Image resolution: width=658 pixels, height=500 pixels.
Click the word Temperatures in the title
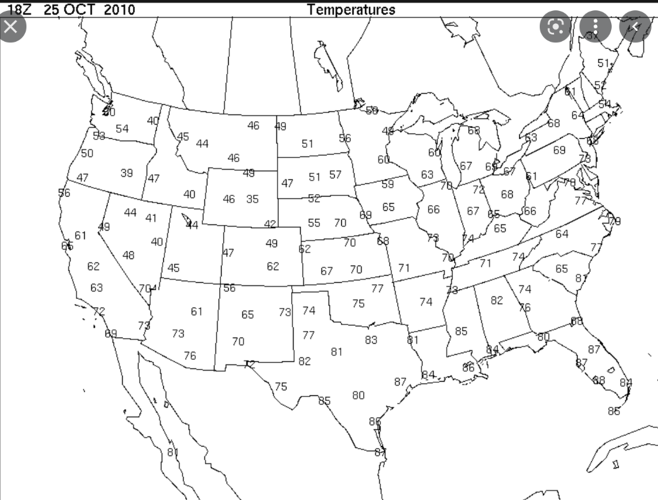(x=351, y=10)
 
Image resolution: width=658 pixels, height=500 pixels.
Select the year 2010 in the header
(x=119, y=10)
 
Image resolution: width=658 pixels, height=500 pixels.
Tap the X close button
(x=11, y=27)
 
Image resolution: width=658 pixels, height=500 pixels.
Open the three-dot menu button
(x=596, y=27)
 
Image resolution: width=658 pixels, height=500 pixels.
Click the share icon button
(x=635, y=27)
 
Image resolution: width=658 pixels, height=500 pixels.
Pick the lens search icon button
(x=556, y=27)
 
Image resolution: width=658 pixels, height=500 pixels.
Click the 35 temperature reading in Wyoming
(x=253, y=199)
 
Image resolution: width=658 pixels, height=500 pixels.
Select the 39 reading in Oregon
(x=127, y=173)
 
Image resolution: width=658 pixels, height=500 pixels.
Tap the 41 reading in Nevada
(x=151, y=218)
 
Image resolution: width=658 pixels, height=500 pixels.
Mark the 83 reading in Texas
(x=371, y=340)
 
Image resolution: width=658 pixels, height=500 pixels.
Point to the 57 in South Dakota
(x=335, y=175)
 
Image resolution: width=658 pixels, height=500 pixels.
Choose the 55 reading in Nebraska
(x=314, y=223)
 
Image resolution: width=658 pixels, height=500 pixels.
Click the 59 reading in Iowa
(x=387, y=184)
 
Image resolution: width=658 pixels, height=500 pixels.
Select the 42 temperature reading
(x=271, y=224)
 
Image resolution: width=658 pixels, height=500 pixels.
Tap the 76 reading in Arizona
(x=190, y=355)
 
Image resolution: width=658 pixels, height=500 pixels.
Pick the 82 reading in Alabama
(x=497, y=300)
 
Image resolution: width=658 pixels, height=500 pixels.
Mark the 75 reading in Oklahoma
(x=358, y=303)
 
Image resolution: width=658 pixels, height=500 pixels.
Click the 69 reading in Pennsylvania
(x=559, y=150)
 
